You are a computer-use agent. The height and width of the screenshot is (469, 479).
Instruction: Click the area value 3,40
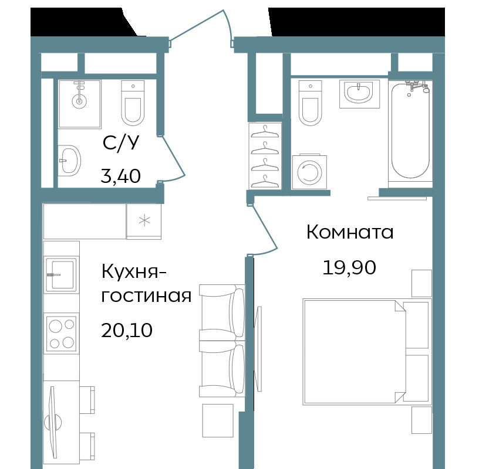[121, 176]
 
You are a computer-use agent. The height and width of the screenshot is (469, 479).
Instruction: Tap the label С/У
[121, 142]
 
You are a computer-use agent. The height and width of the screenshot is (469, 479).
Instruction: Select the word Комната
[350, 232]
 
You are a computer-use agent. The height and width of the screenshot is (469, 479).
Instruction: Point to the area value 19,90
[349, 267]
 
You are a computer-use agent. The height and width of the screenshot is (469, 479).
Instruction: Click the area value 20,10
[127, 330]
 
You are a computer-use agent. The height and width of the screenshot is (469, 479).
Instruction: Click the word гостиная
[146, 295]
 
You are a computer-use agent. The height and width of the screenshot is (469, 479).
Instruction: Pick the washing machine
[309, 171]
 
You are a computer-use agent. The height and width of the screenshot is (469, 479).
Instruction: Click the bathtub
[410, 134]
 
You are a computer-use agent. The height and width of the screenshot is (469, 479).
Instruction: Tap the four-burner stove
[62, 333]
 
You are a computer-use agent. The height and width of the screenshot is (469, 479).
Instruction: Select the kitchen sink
[62, 274]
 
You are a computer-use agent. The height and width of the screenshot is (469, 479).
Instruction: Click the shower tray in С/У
[80, 104]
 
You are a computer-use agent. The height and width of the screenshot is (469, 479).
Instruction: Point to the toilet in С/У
[133, 103]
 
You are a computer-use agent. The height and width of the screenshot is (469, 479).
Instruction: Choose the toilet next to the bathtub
[311, 103]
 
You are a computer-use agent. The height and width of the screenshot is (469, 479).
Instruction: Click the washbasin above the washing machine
[359, 94]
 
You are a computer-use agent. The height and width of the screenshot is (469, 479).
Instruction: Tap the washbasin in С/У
[69, 161]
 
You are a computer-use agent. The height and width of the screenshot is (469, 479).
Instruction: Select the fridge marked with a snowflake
[144, 222]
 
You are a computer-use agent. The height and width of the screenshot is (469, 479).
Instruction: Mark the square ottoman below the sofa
[218, 420]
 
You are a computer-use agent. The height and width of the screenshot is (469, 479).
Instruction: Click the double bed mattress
[355, 352]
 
